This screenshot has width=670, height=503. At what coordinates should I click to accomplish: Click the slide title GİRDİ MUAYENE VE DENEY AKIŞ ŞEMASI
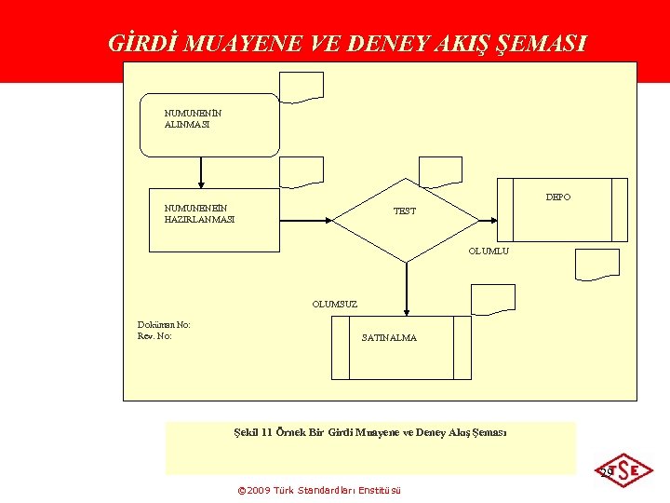tap(347, 43)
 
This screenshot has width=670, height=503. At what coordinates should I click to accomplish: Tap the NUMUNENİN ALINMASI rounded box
tap(209, 124)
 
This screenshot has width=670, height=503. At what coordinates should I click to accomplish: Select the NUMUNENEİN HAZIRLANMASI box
tap(214, 221)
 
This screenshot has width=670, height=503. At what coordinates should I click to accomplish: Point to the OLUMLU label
tap(489, 251)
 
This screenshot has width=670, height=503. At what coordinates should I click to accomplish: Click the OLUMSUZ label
tap(334, 304)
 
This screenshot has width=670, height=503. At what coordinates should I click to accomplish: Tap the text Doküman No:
tap(164, 325)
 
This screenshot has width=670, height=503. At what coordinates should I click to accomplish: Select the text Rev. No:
tap(154, 336)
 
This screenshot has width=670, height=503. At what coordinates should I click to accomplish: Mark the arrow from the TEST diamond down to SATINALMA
tap(406, 289)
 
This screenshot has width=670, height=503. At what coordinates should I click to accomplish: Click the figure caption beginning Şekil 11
tap(369, 432)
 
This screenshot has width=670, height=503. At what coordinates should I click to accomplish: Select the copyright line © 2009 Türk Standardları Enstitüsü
tap(319, 490)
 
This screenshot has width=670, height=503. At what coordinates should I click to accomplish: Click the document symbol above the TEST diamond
tap(439, 171)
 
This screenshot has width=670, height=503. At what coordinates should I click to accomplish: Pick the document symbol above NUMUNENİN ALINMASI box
tap(302, 87)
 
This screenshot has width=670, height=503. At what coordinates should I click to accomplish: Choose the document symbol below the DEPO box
tap(596, 264)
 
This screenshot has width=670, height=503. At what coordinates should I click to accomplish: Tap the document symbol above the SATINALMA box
tap(492, 298)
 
